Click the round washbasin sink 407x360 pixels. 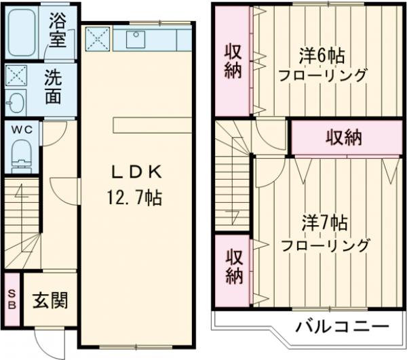(14, 104)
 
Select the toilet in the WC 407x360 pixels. (22, 154)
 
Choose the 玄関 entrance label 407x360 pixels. (50, 300)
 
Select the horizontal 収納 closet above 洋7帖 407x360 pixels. (343, 138)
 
